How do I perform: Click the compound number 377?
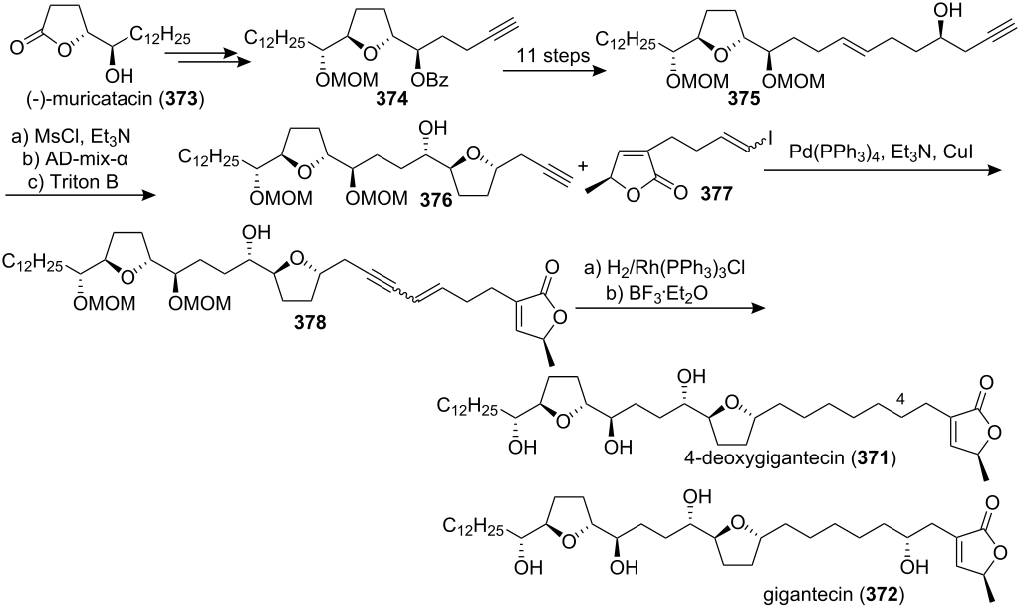[x=717, y=193]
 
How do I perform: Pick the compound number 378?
[x=311, y=323]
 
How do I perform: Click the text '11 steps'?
[x=554, y=55]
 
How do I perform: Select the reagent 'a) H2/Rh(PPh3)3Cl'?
[x=662, y=269]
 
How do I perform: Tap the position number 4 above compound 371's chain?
[x=900, y=402]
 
